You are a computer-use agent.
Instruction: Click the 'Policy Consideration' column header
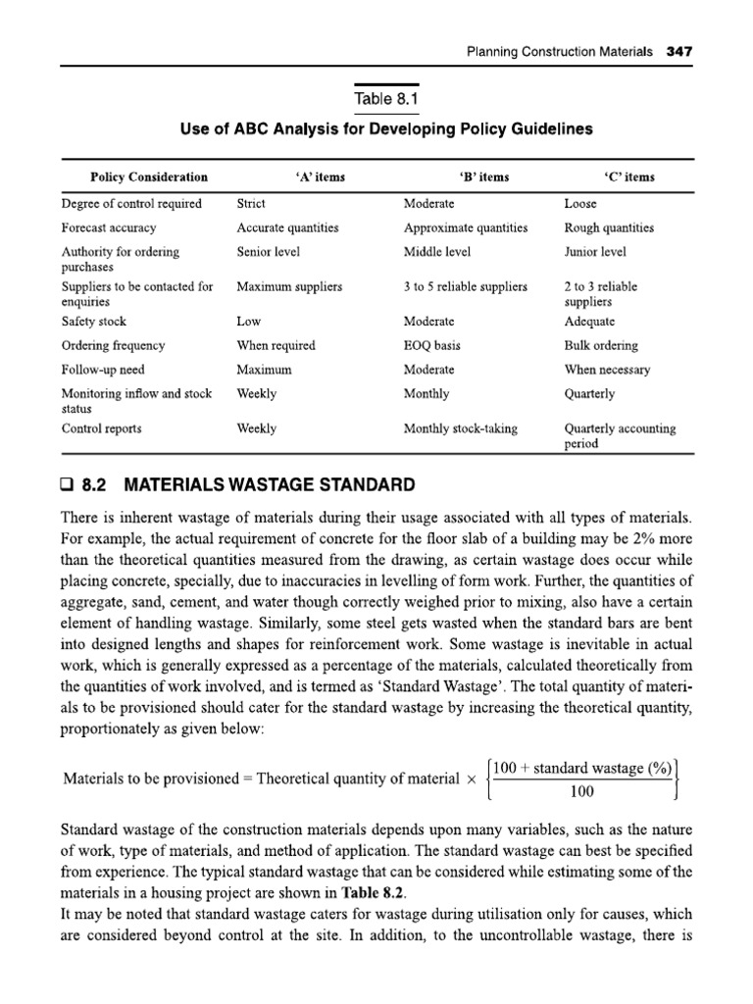pos(149,177)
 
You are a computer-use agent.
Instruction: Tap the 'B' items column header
pos(483,177)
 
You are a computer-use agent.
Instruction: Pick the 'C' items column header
pos(629,177)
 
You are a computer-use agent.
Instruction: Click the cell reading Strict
pos(252,204)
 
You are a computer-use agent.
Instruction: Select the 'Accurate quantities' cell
pos(287,227)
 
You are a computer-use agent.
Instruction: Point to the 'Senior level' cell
pos(268,252)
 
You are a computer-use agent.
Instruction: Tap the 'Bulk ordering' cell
pos(601,345)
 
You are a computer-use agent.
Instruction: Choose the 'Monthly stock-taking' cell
pos(461,428)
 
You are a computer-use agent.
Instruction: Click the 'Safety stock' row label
pos(94,322)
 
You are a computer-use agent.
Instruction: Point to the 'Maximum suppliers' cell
pos(289,287)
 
